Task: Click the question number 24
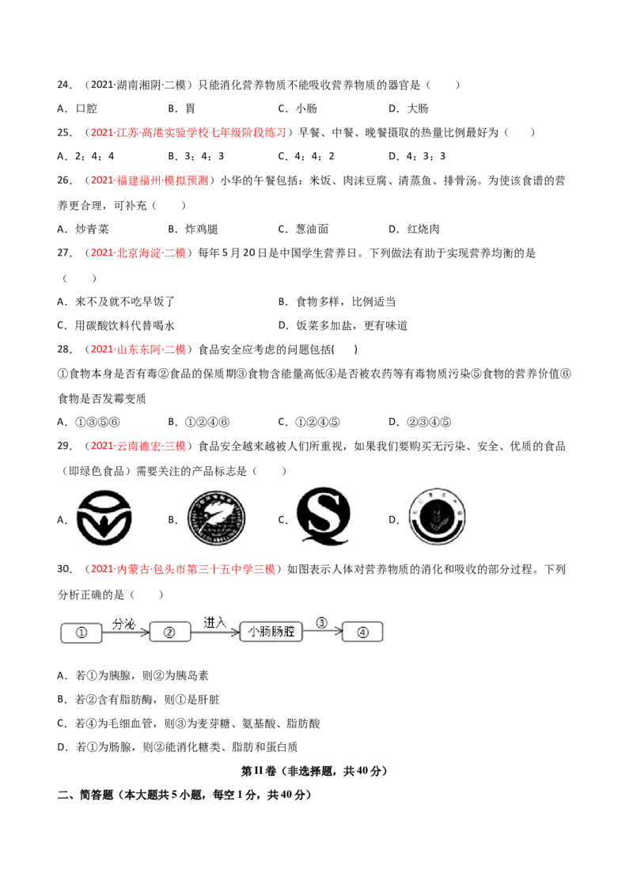tap(65, 85)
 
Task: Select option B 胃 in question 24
tap(182, 108)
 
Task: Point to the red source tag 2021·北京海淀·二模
tap(138, 253)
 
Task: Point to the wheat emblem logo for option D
tap(437, 517)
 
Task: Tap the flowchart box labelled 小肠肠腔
tap(271, 632)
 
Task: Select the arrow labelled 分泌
tap(127, 632)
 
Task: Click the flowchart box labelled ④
tap(362, 632)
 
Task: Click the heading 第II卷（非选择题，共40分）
tap(315, 772)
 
